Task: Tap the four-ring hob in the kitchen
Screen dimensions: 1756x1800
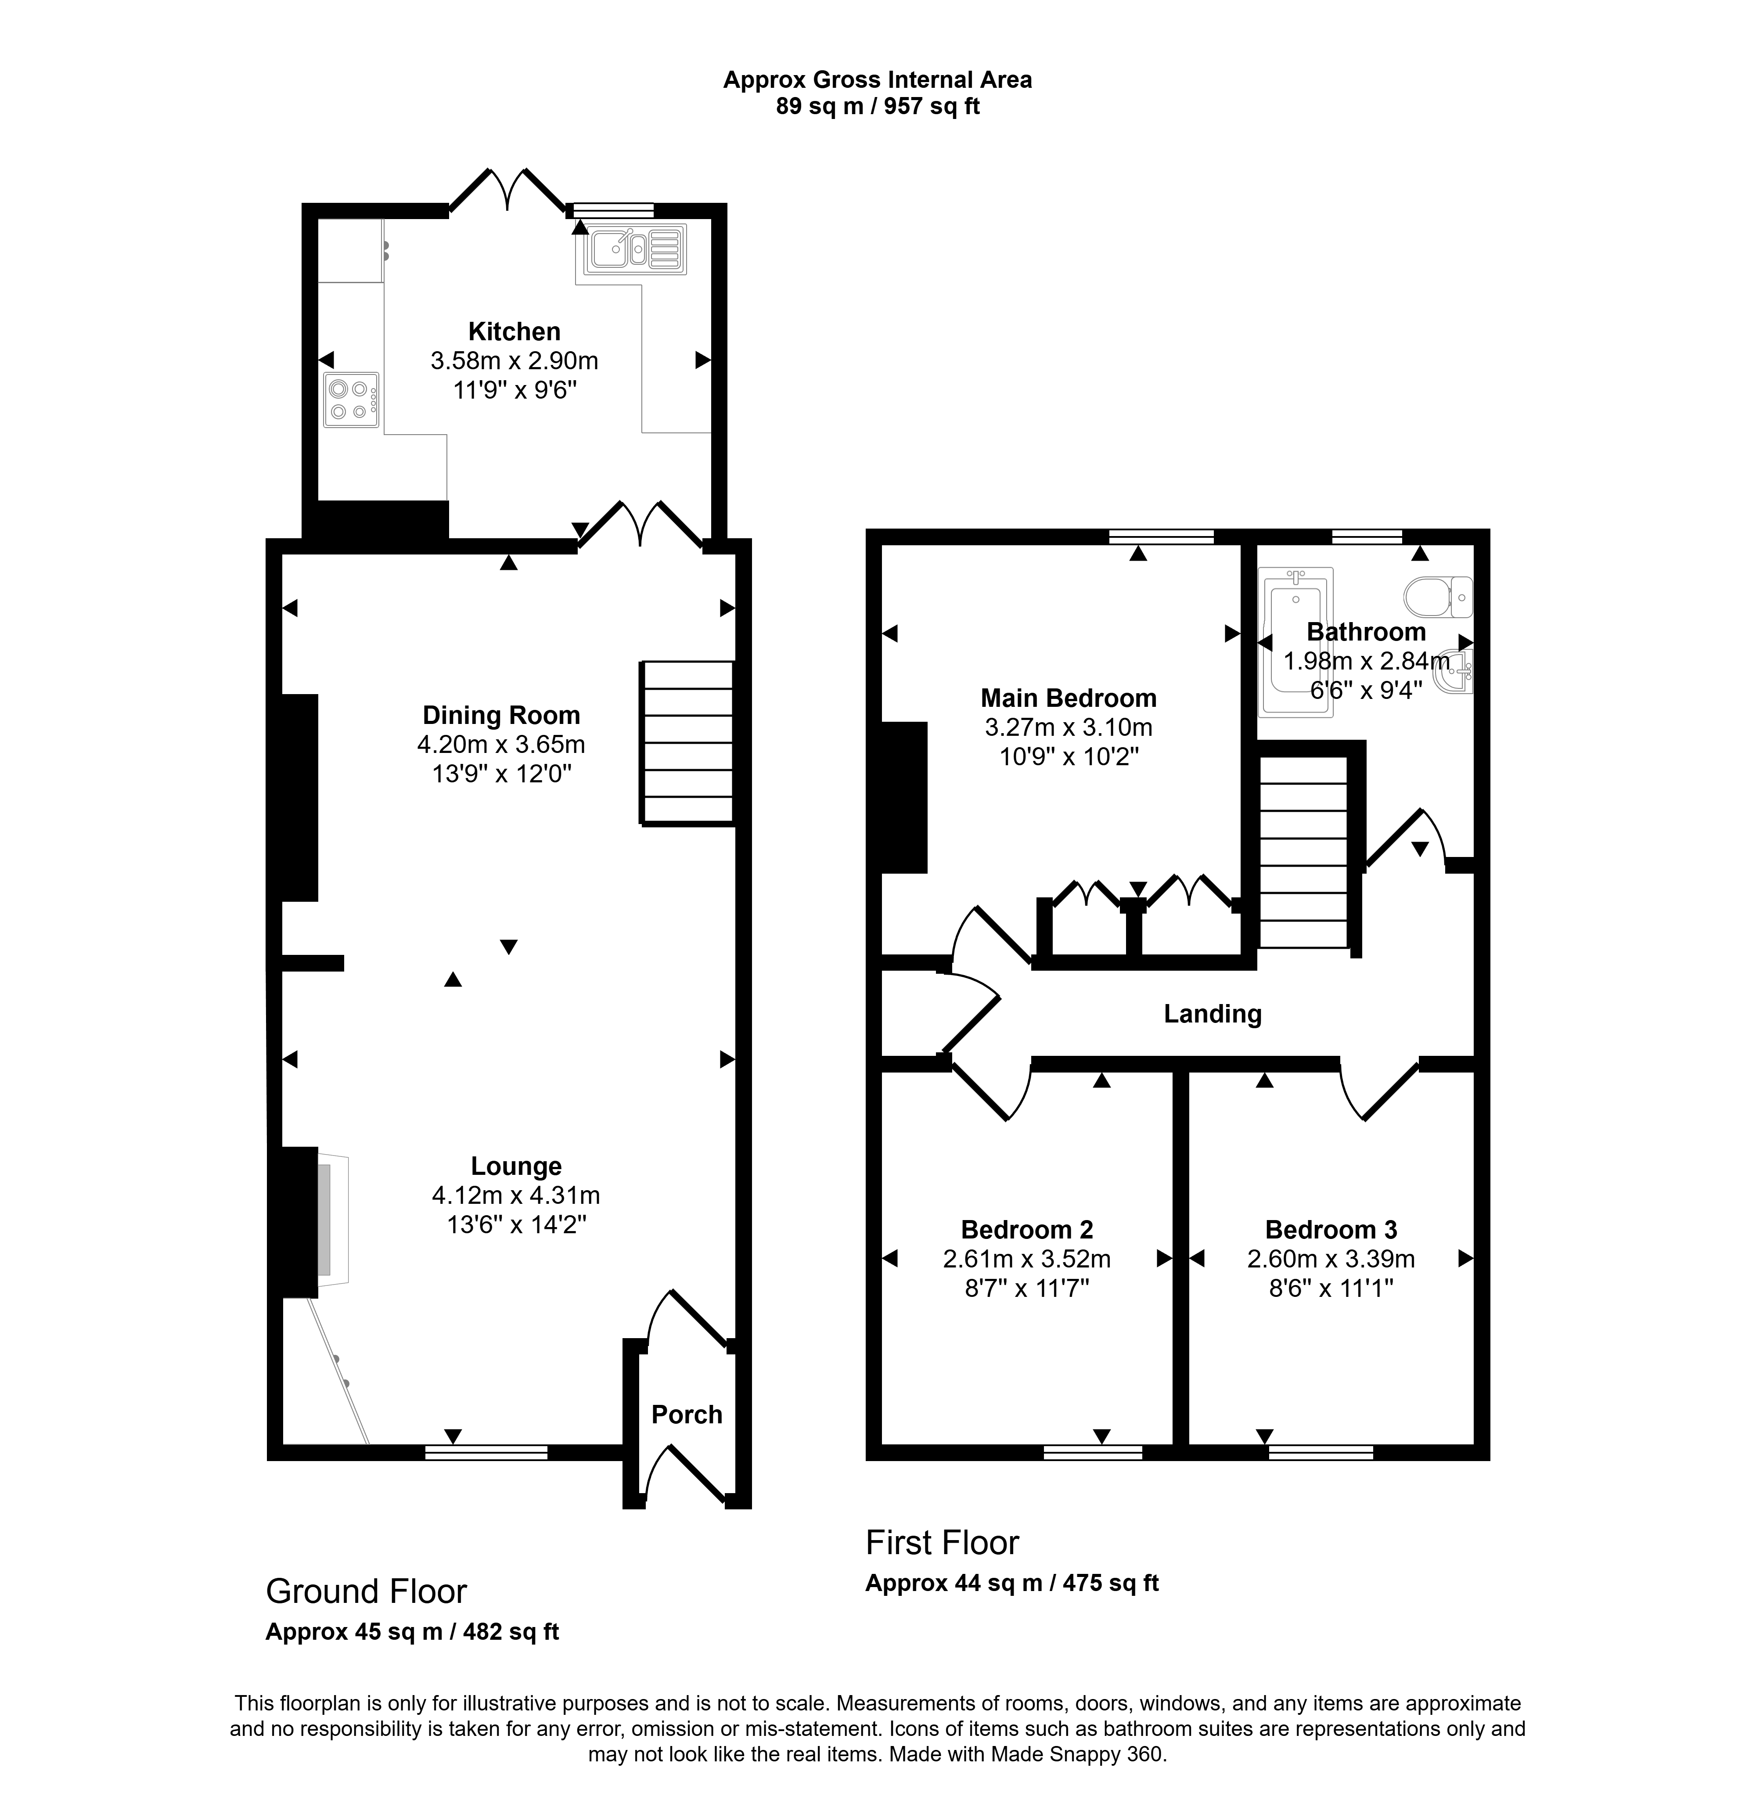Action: pos(351,399)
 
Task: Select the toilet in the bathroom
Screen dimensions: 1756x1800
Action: pos(1439,597)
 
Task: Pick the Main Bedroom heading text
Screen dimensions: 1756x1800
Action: pos(1068,698)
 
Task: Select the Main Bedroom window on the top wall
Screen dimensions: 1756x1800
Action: pos(1161,536)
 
